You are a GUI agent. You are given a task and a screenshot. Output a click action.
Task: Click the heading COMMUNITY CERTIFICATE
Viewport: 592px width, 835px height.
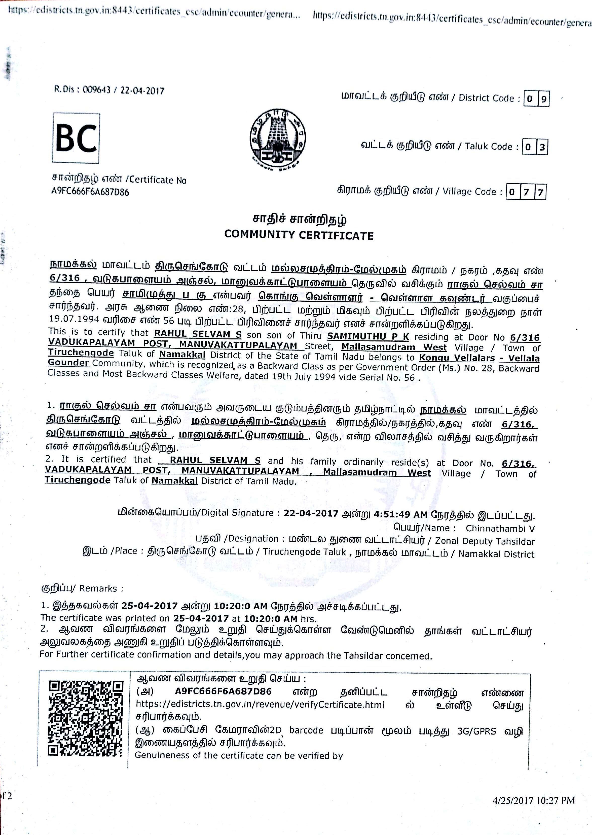[x=299, y=235]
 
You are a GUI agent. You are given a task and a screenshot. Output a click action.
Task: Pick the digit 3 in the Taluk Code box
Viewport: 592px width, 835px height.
[x=542, y=147]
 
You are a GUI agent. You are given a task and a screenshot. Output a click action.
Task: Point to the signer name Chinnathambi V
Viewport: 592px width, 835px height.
[x=500, y=528]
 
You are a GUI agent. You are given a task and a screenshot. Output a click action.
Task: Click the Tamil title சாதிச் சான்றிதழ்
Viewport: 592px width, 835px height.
[x=299, y=220]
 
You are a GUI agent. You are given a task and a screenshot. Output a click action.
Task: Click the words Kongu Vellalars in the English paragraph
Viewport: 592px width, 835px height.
[x=457, y=358]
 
